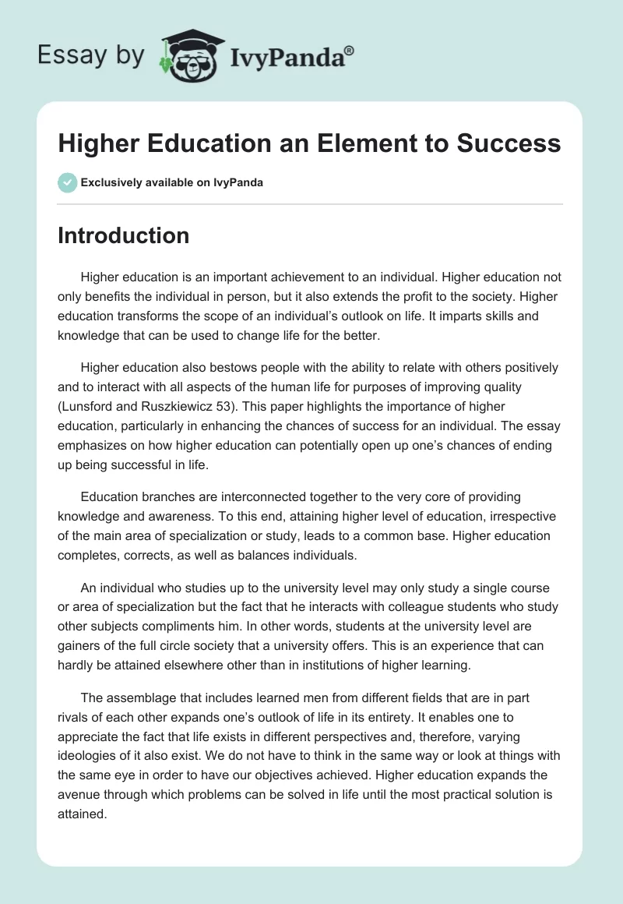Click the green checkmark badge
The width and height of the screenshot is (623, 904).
[x=67, y=182]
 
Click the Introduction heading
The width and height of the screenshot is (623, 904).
[x=124, y=235]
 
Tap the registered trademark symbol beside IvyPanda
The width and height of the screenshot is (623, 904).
[x=350, y=50]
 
